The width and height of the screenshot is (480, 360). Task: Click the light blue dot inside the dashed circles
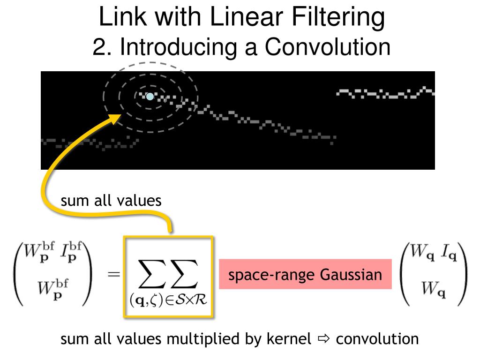tap(150, 97)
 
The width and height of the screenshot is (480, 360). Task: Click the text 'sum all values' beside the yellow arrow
tap(111, 201)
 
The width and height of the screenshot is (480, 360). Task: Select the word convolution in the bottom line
tap(377, 339)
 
